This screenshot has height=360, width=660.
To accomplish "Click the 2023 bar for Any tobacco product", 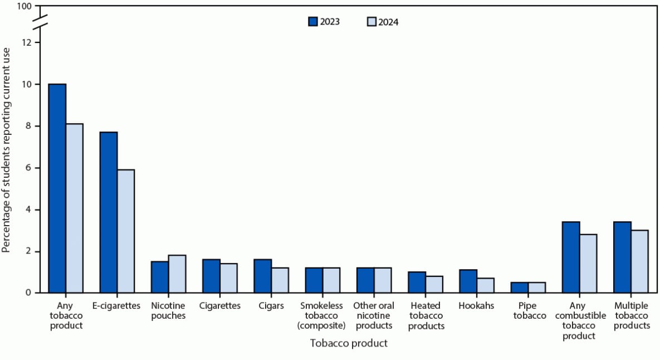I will point(57,188).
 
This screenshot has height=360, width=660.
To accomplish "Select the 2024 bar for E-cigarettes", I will point(126,231).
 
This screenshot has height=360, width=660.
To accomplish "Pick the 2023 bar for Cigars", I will point(263,276).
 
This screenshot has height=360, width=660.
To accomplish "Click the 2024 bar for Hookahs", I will point(485,285).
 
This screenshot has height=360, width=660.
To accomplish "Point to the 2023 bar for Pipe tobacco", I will point(520,288).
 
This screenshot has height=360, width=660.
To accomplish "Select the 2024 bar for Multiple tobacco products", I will point(639,261).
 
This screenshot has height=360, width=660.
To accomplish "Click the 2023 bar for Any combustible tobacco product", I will point(571,257).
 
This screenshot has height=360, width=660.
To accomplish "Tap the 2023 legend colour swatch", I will point(314,22).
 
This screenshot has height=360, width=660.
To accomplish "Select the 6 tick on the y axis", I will point(36,168).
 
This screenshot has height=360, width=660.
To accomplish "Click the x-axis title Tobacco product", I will point(349,343).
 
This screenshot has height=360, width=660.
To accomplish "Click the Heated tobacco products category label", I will point(426,316).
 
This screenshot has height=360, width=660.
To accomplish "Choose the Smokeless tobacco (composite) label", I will point(322,316).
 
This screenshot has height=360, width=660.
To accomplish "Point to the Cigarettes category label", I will point(220,306).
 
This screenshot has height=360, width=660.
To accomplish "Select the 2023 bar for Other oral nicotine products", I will point(365,280).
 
